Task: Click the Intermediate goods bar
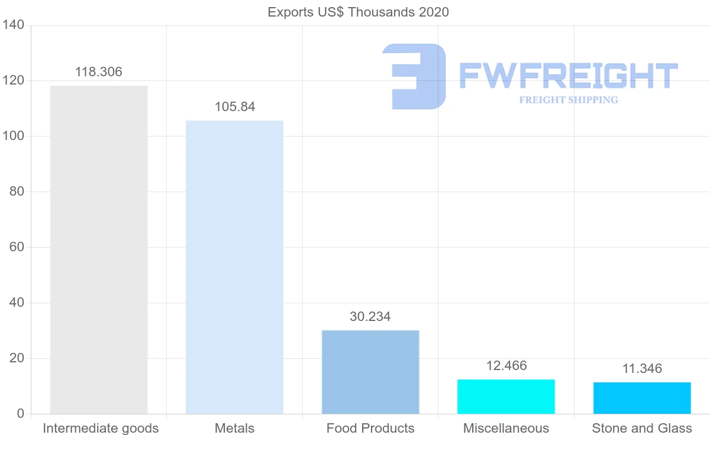(x=99, y=249)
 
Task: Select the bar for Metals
(x=234, y=267)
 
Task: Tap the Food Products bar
(x=370, y=372)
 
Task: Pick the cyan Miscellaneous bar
(x=506, y=397)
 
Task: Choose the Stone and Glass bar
(x=642, y=398)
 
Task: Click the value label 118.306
(x=99, y=72)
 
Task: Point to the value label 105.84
(x=235, y=107)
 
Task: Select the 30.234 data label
(x=370, y=317)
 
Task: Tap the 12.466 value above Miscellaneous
(x=506, y=366)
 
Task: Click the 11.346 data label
(x=642, y=369)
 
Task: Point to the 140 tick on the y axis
(x=12, y=25)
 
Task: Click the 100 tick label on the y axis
(x=12, y=137)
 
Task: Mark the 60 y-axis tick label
(x=16, y=248)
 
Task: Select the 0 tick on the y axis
(x=20, y=414)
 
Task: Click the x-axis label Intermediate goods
(x=101, y=429)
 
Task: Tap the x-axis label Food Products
(x=370, y=429)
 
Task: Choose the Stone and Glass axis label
(x=642, y=429)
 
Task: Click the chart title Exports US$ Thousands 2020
(x=359, y=12)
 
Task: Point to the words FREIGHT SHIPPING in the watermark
(x=569, y=100)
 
